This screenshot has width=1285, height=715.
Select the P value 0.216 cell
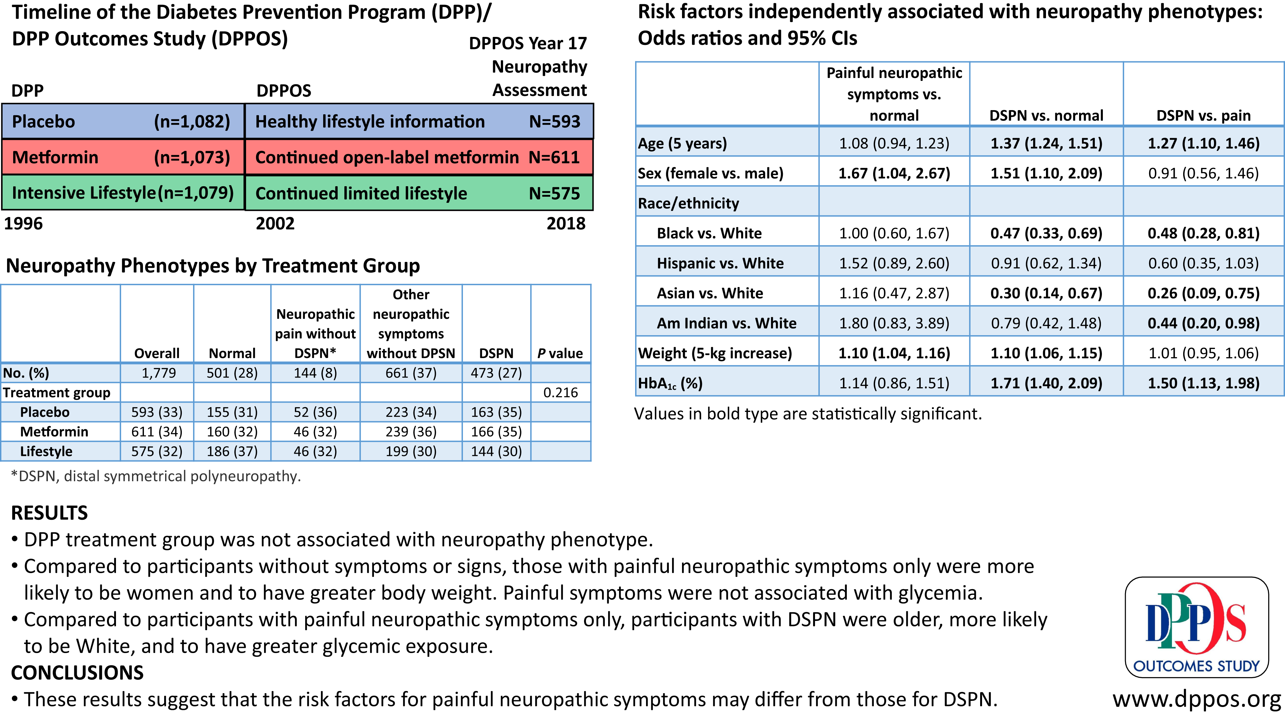coord(561,392)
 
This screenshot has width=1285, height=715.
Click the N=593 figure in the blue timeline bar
coord(555,122)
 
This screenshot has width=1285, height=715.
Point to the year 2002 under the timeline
coord(275,223)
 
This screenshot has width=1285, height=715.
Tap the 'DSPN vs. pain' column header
coord(1203,116)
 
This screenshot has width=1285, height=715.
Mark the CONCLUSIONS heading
coord(77,673)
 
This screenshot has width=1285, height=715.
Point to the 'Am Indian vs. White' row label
coord(726,323)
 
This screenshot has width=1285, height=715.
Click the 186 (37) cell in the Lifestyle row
coord(233,451)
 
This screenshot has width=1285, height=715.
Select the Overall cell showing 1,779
coord(159,373)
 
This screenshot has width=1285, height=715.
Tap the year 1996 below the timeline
coord(23,223)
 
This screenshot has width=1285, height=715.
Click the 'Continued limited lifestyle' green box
coord(419,193)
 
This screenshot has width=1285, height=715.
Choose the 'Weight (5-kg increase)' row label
coord(715,353)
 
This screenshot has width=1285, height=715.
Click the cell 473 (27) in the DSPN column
coord(496,373)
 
